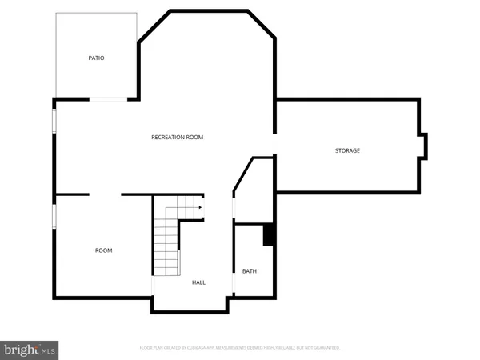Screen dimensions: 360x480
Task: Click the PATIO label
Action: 96,58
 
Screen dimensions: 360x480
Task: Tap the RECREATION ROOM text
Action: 177,138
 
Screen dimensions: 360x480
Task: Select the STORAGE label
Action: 347,150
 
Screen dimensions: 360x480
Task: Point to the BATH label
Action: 250,271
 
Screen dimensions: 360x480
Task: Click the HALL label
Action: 198,282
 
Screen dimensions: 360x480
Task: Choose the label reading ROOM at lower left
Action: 104,250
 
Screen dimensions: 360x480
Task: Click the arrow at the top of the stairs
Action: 198,206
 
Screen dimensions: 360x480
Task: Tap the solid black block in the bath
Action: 269,235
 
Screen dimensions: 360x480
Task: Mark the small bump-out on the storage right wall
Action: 423,145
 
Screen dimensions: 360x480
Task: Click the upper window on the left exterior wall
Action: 54,121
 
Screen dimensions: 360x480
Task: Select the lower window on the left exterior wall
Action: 54,215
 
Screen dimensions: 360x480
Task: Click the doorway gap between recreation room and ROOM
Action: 105,194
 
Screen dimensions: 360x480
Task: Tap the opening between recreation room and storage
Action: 275,145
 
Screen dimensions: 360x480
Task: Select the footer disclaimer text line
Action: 240,348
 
